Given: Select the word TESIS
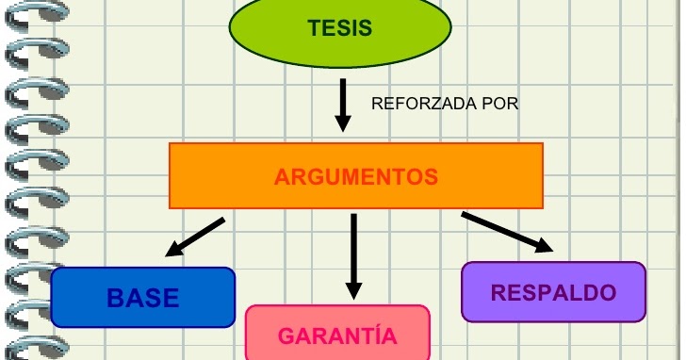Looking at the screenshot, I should click(x=340, y=28).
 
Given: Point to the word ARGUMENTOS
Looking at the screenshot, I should click(x=356, y=176).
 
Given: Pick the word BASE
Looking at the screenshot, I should click(x=143, y=298).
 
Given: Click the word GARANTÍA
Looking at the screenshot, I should click(x=337, y=336).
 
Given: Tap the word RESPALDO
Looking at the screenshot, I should click(x=554, y=292).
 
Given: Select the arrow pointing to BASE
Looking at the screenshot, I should click(x=196, y=237).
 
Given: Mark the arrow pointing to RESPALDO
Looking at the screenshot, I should click(x=504, y=232).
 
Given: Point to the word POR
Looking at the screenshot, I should click(x=500, y=104).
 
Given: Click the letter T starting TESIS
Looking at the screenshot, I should click(x=314, y=28).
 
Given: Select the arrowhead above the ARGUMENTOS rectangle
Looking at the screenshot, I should click(x=343, y=123).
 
